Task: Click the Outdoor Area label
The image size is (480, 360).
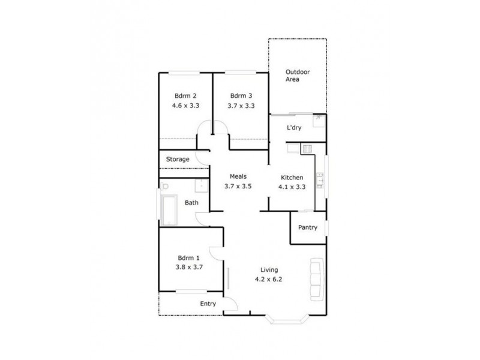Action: (298, 76)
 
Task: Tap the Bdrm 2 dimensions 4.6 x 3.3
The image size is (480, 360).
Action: (185, 105)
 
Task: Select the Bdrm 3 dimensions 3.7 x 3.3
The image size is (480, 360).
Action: (241, 105)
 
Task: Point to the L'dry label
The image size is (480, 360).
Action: (293, 128)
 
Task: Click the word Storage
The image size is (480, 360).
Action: (178, 160)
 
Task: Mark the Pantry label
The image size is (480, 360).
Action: (307, 227)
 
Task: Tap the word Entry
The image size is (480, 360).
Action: (208, 304)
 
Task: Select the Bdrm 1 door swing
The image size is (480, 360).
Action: (215, 256)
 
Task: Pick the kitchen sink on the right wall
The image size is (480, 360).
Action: (321, 178)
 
